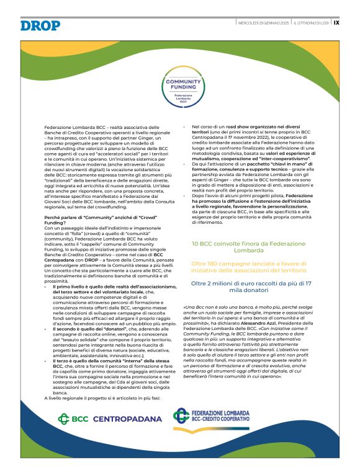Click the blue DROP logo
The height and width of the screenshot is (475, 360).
coord(40,25)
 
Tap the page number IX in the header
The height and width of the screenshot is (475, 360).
coord(336,22)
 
